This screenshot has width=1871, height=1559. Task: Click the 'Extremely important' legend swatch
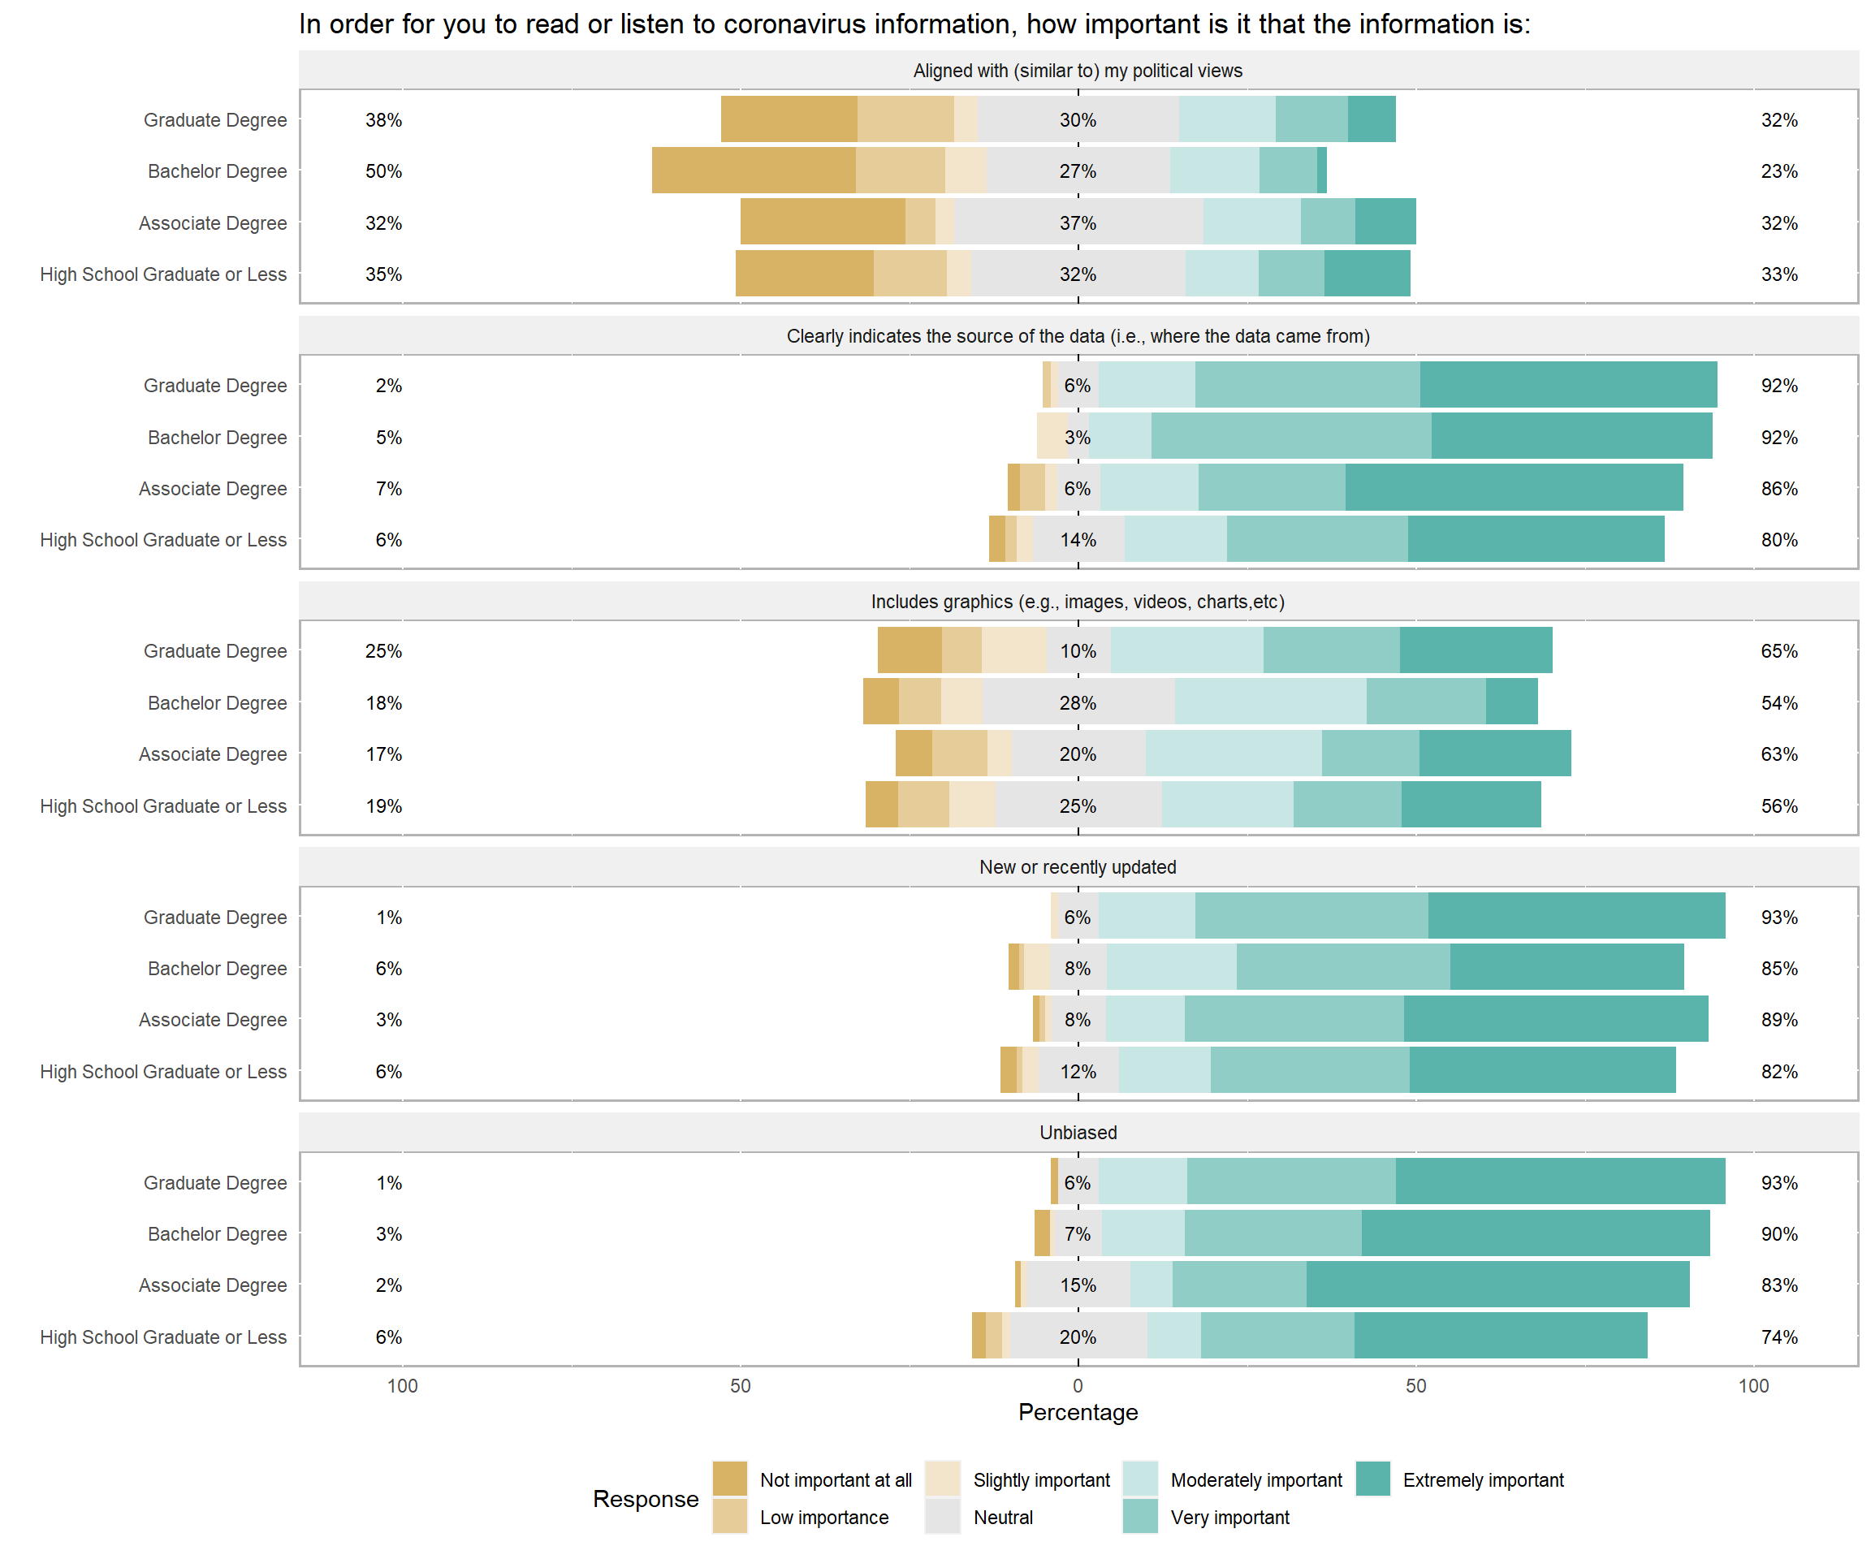(1373, 1479)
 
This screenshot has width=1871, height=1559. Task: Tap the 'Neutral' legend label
(1003, 1517)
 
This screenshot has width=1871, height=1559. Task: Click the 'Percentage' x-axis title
(1078, 1412)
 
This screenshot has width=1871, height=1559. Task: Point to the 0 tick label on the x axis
(1078, 1385)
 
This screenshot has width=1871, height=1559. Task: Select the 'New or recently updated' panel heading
(1078, 867)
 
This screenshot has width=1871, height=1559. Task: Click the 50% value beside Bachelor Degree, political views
(383, 171)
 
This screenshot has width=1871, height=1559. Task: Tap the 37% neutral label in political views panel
(1078, 222)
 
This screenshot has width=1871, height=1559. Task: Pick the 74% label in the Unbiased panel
(1779, 1337)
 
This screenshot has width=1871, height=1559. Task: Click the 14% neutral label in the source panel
(1078, 540)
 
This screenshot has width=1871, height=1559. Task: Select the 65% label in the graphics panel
(1779, 651)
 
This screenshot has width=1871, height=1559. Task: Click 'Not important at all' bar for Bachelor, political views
(754, 171)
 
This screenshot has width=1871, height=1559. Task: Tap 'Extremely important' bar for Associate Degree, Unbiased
(1497, 1285)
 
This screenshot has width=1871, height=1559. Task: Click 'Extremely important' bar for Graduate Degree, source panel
(1568, 385)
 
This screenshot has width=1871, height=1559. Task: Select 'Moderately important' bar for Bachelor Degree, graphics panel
(1271, 702)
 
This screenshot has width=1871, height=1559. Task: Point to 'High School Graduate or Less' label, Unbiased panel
(163, 1337)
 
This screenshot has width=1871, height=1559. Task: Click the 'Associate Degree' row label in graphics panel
(213, 754)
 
